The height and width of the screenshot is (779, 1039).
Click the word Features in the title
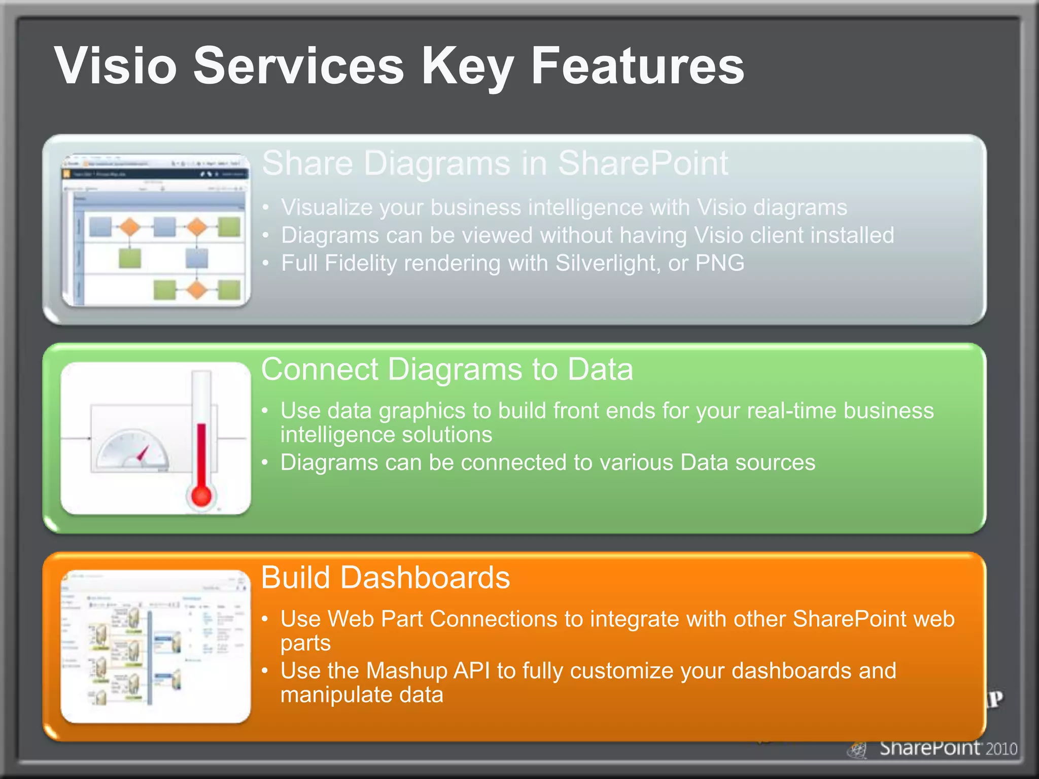(x=637, y=66)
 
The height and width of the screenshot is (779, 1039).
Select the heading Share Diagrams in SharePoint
(x=495, y=163)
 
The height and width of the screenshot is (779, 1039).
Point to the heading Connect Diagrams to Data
(x=446, y=369)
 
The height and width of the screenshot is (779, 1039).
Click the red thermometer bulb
(x=201, y=495)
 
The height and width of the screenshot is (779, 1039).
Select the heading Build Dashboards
(x=385, y=578)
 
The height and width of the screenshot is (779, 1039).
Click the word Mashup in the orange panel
(x=406, y=670)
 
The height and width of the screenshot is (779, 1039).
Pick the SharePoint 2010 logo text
(x=948, y=748)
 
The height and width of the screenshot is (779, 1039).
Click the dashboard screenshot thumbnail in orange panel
(x=155, y=647)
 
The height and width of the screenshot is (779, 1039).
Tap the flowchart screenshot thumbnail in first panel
(x=155, y=231)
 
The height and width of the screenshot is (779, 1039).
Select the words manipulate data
(x=361, y=695)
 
